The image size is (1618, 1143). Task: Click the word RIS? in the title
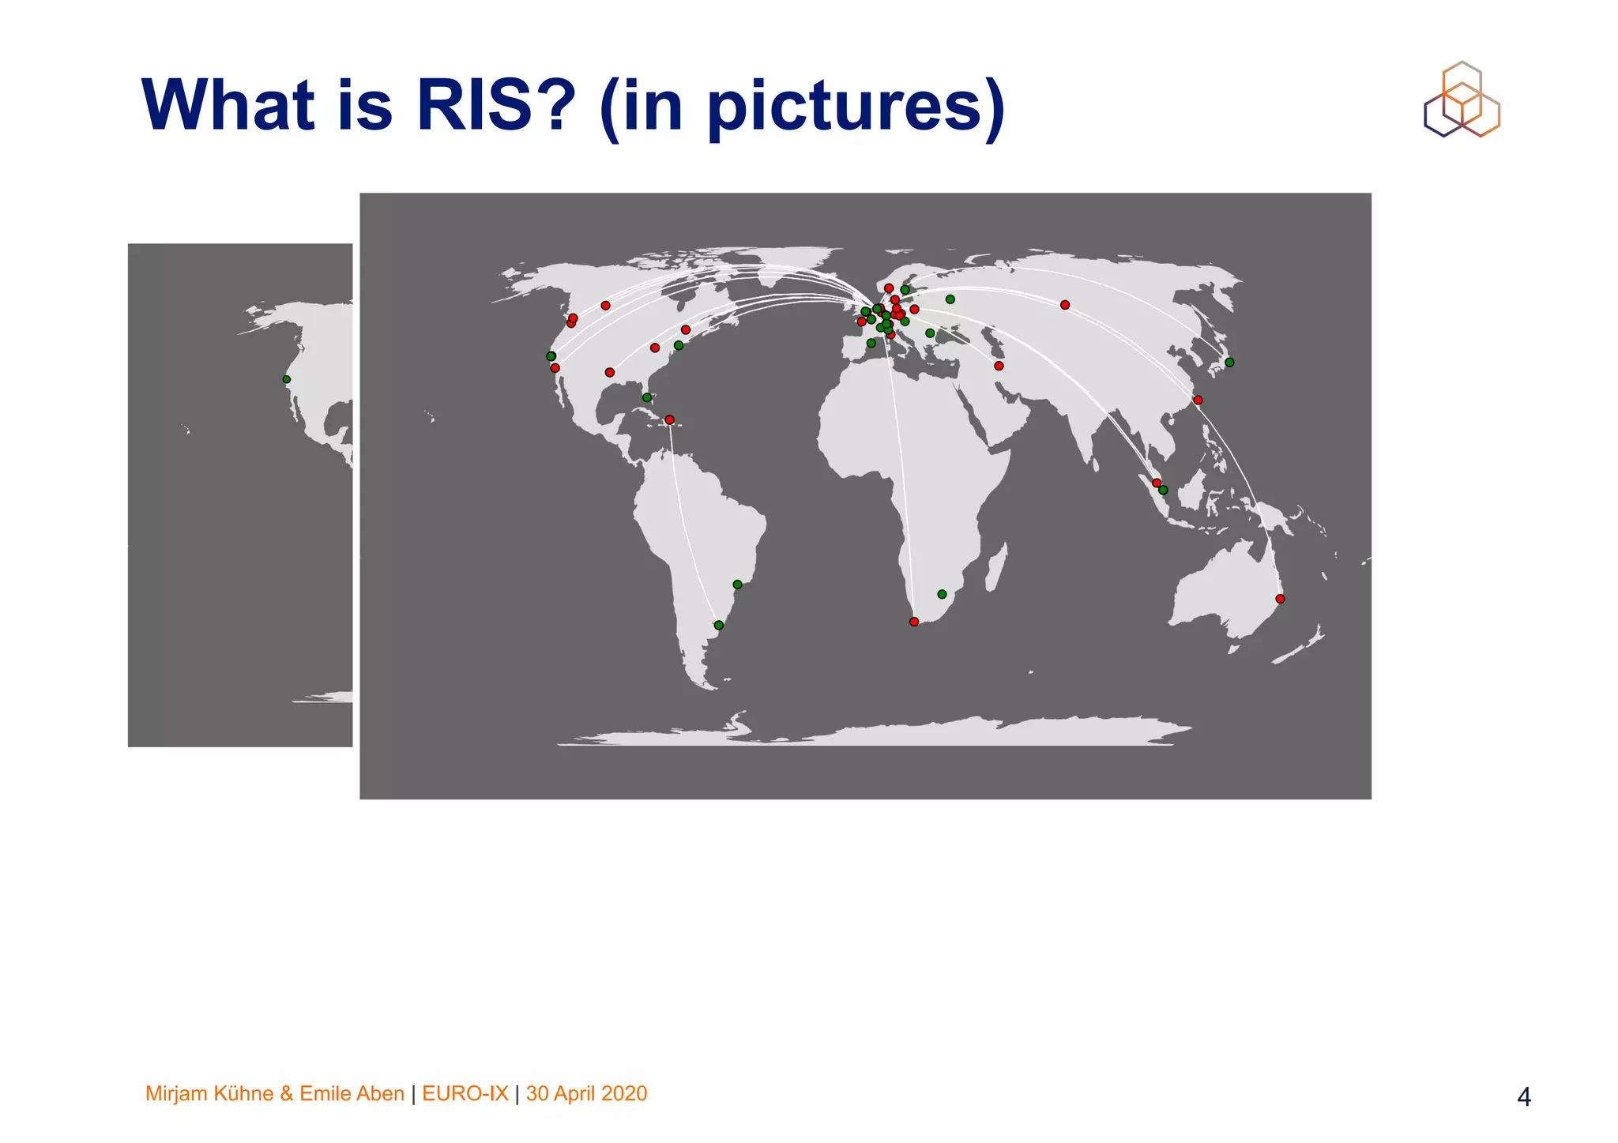(x=495, y=106)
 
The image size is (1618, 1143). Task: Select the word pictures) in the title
(x=856, y=108)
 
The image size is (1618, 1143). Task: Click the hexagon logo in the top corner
(x=1462, y=100)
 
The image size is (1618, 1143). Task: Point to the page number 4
(x=1524, y=1096)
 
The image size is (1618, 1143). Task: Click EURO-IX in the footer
(x=465, y=1093)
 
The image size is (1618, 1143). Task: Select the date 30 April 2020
(x=586, y=1093)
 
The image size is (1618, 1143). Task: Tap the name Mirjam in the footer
(x=177, y=1094)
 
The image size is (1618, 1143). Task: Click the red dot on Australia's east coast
(x=1280, y=599)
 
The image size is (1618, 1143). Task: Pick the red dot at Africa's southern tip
(x=914, y=622)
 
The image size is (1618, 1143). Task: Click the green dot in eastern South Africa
(x=942, y=594)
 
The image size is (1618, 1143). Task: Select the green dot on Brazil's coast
(x=737, y=585)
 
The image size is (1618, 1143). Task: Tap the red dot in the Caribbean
(x=670, y=419)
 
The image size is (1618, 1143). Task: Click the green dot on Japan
(x=1229, y=363)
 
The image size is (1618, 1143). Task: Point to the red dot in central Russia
(x=1065, y=305)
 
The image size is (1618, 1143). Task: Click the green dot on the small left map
(x=287, y=380)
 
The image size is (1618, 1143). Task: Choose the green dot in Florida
(x=647, y=397)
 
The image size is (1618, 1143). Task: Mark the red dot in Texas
(x=609, y=372)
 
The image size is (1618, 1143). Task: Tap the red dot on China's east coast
(x=1198, y=400)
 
